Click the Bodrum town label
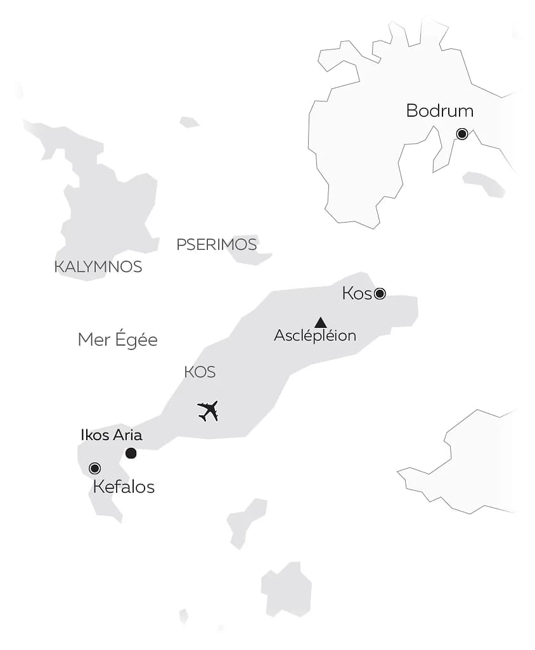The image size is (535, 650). click(x=439, y=111)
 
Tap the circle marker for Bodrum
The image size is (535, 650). click(x=462, y=134)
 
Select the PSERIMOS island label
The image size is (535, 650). click(x=217, y=245)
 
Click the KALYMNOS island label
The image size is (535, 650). click(x=98, y=267)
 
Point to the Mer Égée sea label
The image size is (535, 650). click(x=117, y=340)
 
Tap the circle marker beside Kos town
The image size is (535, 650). click(x=380, y=293)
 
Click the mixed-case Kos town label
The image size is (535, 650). click(x=356, y=294)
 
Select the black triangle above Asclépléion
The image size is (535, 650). click(x=321, y=323)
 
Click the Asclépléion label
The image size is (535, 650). click(x=315, y=336)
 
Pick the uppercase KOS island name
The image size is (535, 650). click(x=200, y=372)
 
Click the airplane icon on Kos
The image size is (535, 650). click(x=208, y=411)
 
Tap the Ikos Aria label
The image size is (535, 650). click(x=112, y=435)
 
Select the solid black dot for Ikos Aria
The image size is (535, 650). click(x=131, y=453)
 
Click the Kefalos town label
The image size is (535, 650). click(x=124, y=487)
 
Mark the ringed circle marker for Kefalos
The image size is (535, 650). click(x=95, y=468)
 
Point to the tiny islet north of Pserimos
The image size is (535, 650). click(x=189, y=122)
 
